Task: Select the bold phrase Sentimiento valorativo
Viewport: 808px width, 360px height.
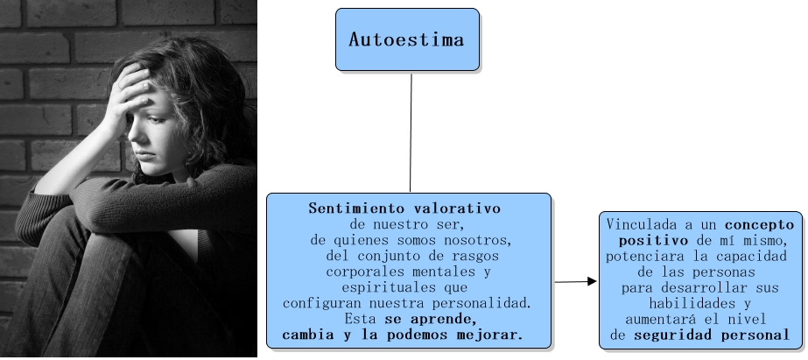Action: click(x=404, y=209)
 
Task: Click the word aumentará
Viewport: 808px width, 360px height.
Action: click(x=658, y=319)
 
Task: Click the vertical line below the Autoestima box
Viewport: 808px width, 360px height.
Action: click(x=411, y=131)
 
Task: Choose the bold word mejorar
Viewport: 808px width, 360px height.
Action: click(x=492, y=335)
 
